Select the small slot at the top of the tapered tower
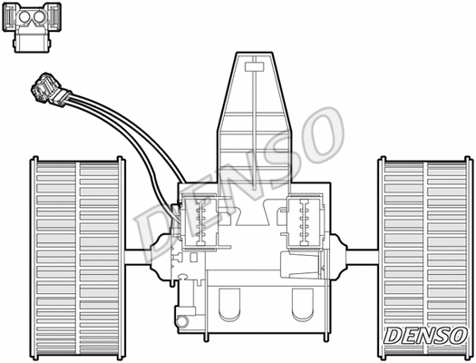click(253, 64)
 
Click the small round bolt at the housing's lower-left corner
click(181, 319)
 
